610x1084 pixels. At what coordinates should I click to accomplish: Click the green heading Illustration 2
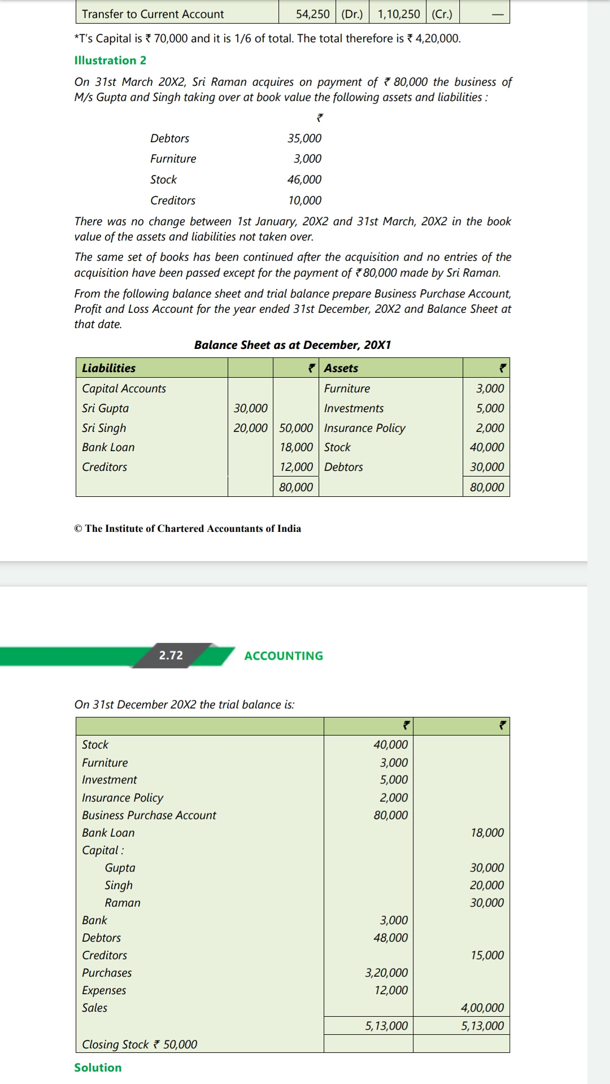click(110, 60)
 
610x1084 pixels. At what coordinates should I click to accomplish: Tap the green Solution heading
click(98, 1067)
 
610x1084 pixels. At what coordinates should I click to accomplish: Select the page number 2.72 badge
click(171, 655)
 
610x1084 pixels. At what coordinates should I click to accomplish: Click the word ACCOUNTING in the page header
click(284, 655)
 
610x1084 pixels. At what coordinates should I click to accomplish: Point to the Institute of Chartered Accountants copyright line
click(188, 528)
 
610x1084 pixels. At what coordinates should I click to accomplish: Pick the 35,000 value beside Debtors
click(304, 138)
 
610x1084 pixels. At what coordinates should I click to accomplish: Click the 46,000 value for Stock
click(304, 180)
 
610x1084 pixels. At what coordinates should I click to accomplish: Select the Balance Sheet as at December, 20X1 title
click(293, 345)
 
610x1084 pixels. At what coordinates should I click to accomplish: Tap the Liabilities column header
click(109, 368)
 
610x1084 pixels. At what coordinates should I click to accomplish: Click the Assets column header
click(341, 368)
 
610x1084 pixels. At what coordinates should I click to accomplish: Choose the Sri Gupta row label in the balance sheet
click(106, 408)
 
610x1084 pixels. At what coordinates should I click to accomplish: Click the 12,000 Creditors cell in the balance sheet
click(296, 467)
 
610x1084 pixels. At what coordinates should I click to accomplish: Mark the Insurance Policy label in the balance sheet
click(365, 428)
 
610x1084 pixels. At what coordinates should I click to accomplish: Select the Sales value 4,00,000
click(482, 1007)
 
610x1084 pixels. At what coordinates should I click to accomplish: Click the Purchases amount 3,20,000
click(386, 972)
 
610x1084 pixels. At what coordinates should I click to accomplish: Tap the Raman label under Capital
click(123, 902)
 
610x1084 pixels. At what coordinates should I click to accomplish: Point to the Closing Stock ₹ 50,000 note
click(140, 1044)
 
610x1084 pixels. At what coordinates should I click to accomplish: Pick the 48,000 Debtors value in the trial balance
click(390, 937)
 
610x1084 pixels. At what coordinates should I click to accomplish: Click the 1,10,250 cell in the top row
click(399, 14)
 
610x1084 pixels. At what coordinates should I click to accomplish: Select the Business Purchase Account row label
click(149, 815)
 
